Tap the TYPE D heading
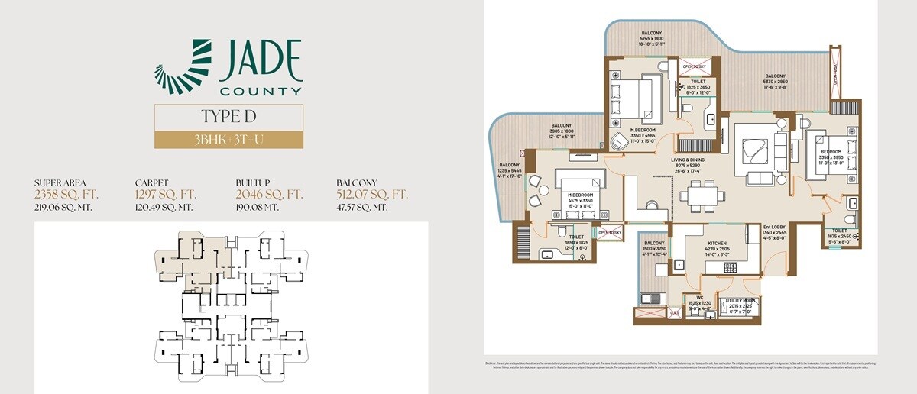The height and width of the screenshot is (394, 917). pos(229,117)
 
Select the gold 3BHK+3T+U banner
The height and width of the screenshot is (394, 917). pos(229,140)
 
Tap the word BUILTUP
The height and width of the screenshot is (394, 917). pos(254,183)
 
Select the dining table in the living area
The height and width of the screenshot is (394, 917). pos(702,195)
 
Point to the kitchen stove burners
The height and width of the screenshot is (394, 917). pos(730,267)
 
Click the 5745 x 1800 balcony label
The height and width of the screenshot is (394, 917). pos(652,38)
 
